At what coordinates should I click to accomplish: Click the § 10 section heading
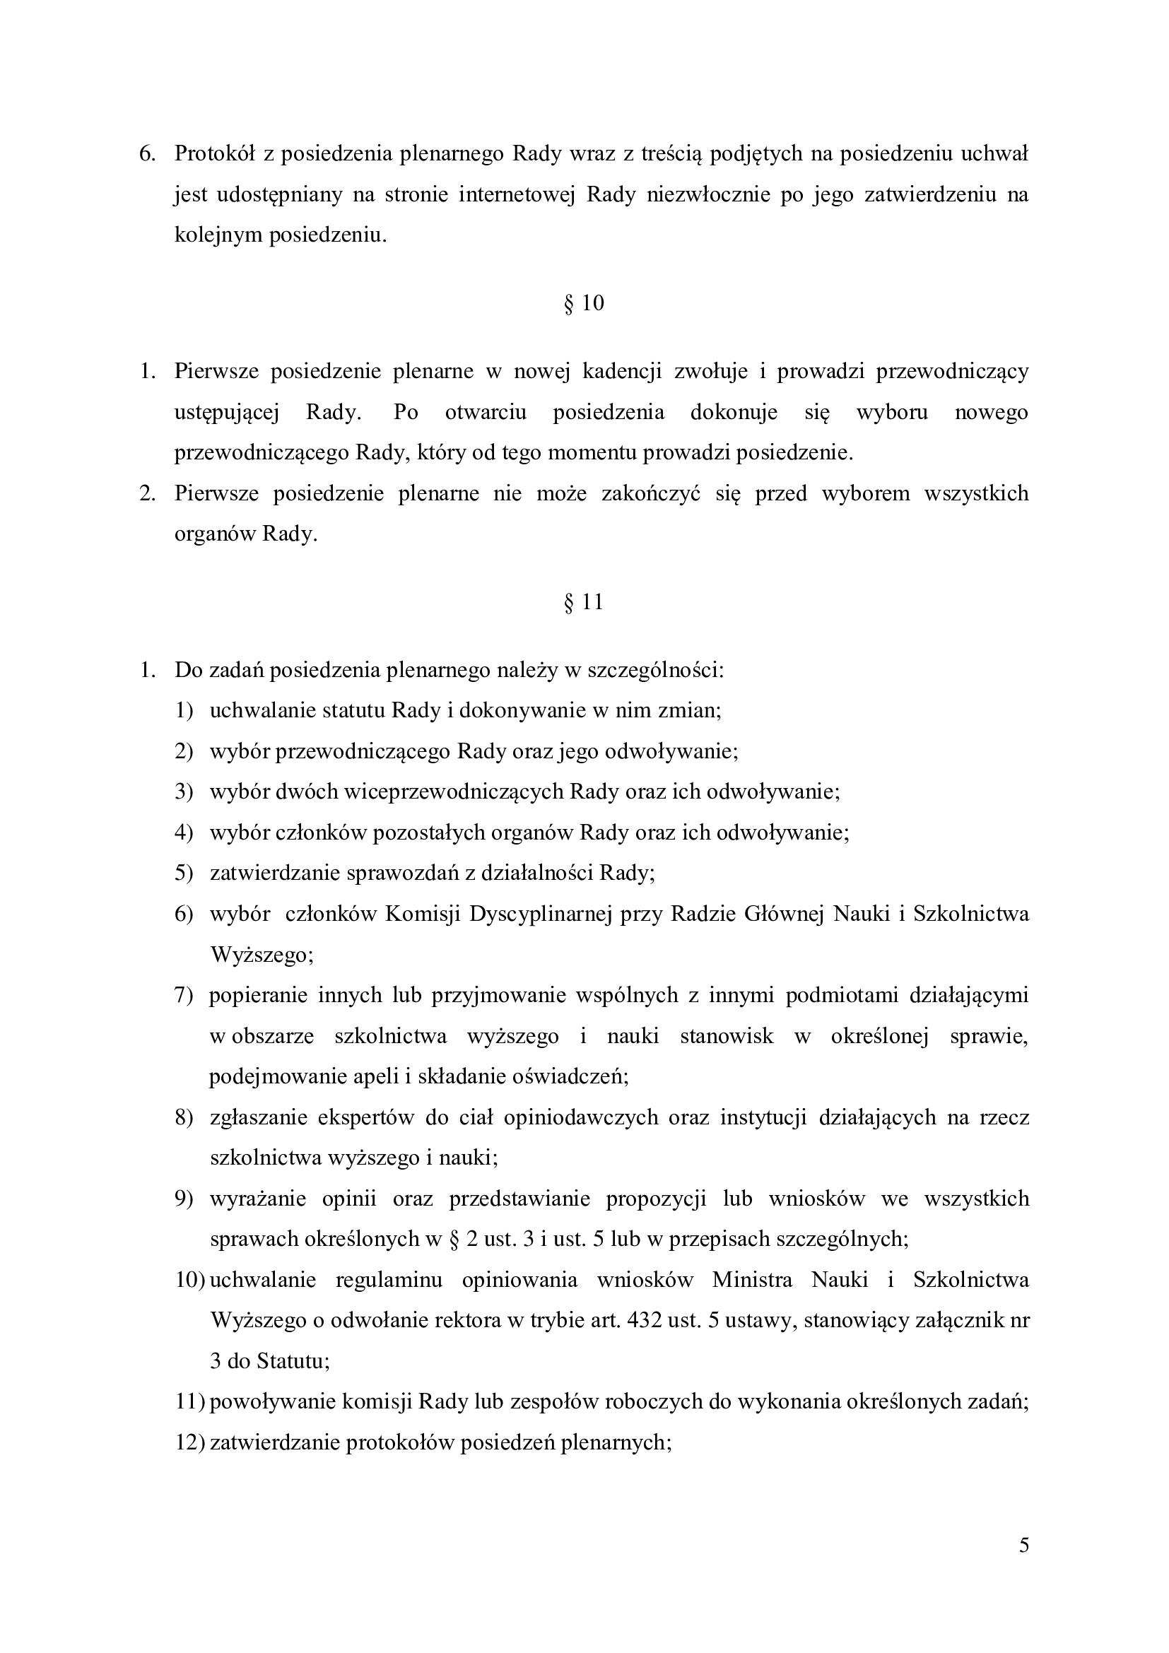(584, 303)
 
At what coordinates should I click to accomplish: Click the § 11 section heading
(584, 602)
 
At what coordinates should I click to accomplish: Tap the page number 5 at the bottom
(1023, 1545)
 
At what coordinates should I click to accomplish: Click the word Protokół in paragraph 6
(219, 154)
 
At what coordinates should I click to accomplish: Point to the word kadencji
(621, 372)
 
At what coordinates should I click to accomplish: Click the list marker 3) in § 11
(184, 792)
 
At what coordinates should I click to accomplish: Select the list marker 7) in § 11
(184, 995)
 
